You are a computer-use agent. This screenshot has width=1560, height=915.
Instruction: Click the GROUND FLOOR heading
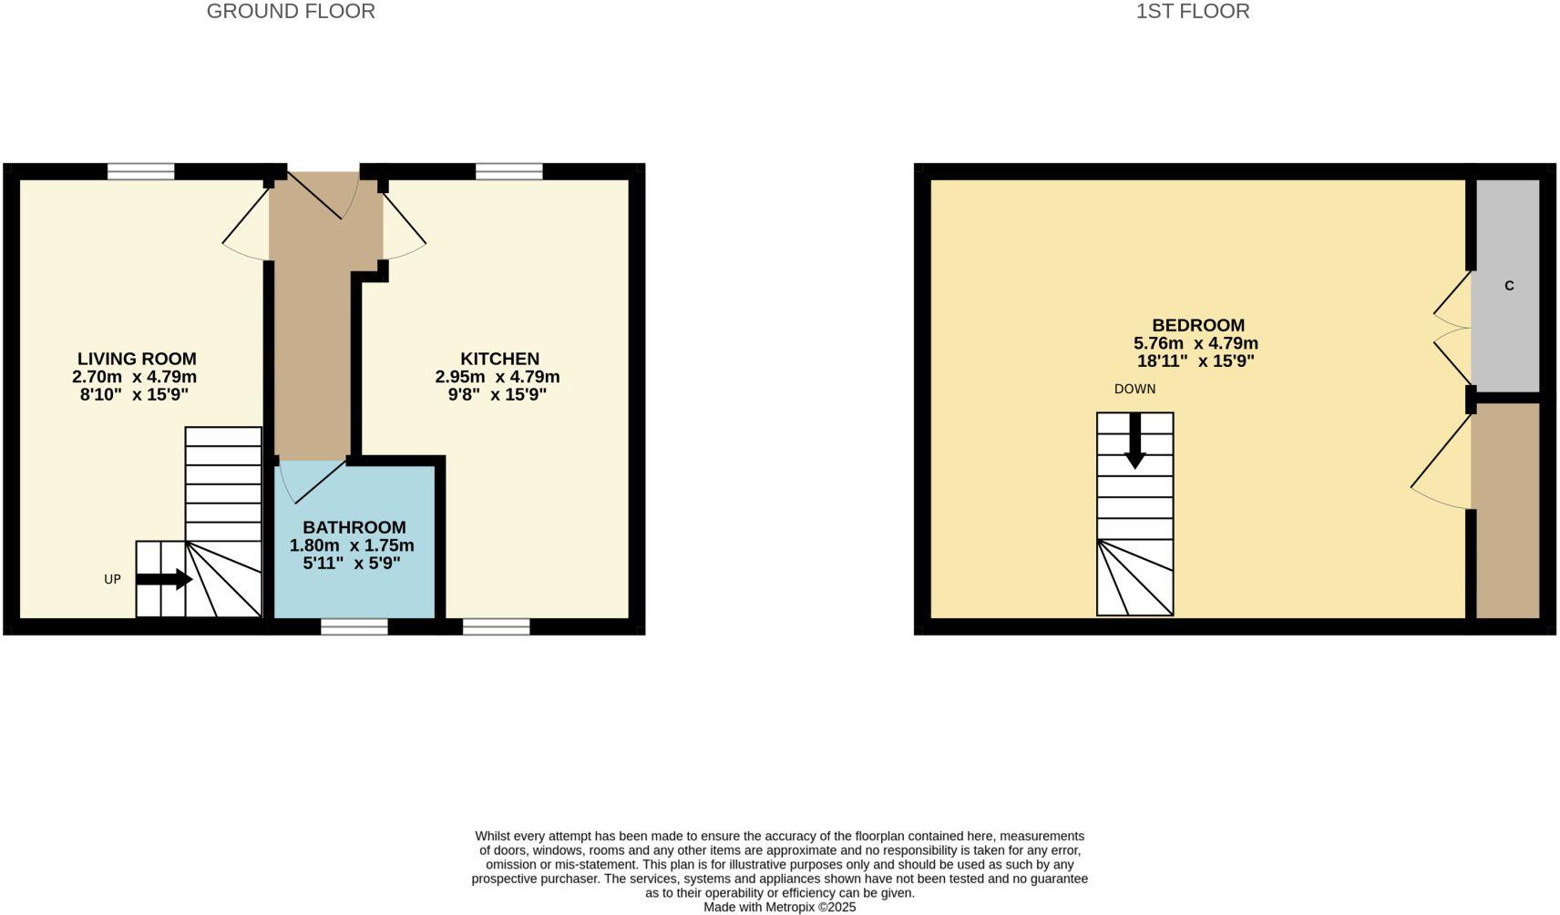tap(291, 12)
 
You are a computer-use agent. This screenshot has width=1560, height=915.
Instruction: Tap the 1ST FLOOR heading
tap(1192, 12)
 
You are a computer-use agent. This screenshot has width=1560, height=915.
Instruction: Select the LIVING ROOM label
tap(137, 359)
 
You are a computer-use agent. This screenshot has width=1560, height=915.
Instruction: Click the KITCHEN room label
tap(499, 359)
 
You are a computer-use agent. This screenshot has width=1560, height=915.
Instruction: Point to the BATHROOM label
tap(354, 527)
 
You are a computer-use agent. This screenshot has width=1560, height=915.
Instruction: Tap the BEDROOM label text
tap(1197, 325)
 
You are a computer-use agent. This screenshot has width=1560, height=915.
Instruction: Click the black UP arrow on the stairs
tap(164, 579)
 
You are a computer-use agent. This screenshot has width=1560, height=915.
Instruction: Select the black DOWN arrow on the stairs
tap(1134, 441)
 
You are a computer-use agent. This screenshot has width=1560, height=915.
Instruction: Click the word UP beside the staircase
tap(112, 579)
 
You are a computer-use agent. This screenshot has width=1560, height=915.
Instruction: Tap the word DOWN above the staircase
tap(1134, 389)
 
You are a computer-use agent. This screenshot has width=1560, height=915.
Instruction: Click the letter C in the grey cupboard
tap(1509, 286)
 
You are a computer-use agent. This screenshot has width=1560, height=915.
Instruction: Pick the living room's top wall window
tap(141, 171)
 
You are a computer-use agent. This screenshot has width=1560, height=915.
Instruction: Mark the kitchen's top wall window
tap(508, 171)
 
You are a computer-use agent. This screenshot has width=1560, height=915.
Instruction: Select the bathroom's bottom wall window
tap(354, 626)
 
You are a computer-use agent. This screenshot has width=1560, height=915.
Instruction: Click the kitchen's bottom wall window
tap(496, 626)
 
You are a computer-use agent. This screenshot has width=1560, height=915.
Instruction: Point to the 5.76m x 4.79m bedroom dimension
tap(1196, 343)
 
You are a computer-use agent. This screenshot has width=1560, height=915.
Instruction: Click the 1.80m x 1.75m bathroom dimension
tap(352, 545)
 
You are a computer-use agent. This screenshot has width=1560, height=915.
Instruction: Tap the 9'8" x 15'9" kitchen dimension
tap(498, 394)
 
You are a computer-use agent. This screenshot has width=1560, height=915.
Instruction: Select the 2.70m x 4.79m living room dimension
tap(135, 377)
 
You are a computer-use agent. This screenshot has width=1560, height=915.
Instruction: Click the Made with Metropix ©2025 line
tap(779, 907)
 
